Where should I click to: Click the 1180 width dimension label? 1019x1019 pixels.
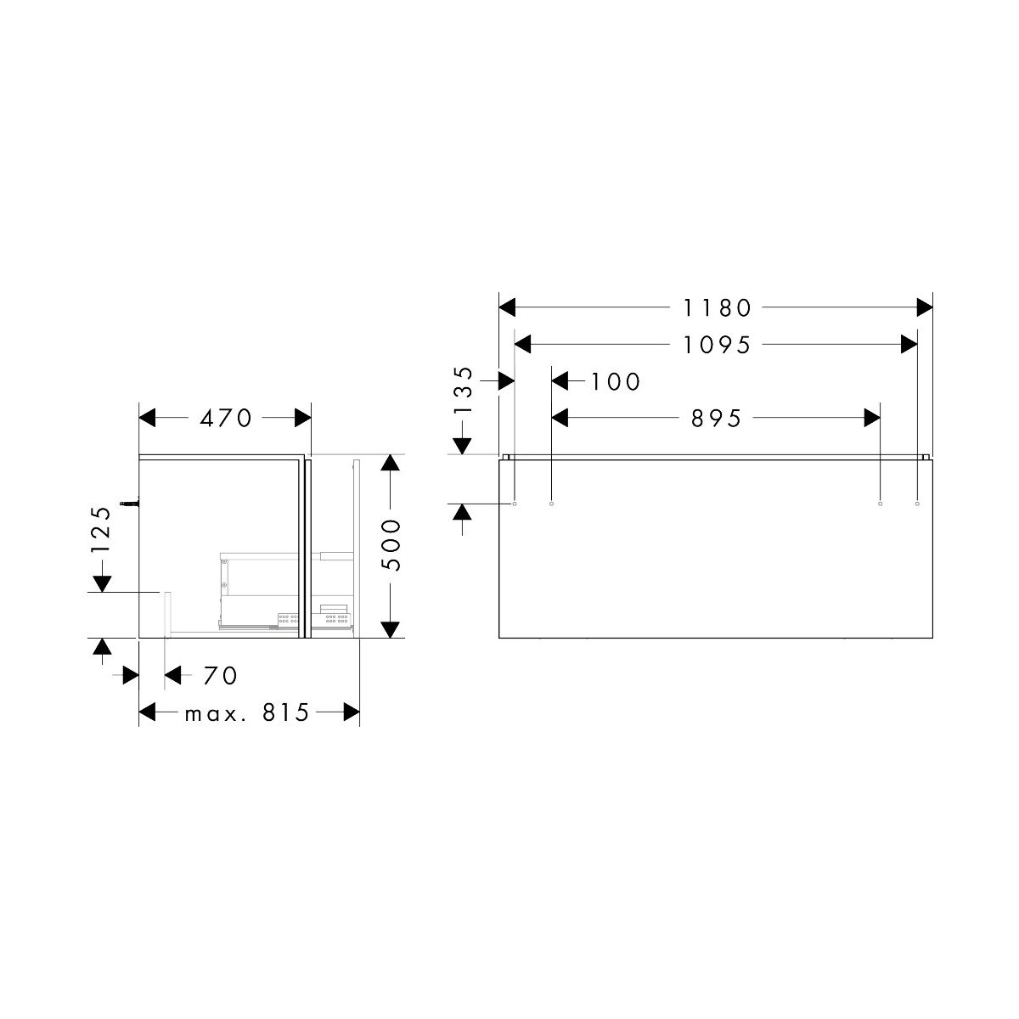(x=717, y=307)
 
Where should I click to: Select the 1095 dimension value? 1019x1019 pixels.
(x=717, y=346)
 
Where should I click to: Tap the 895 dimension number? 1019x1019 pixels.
(x=717, y=419)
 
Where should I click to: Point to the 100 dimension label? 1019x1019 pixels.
(x=615, y=381)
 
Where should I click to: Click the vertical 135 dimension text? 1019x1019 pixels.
(x=463, y=391)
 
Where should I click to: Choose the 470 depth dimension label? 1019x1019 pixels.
(x=226, y=419)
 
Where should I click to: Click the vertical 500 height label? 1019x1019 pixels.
(x=391, y=545)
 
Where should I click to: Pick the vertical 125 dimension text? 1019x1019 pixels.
(x=100, y=530)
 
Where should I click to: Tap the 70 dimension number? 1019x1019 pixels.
(x=221, y=676)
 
